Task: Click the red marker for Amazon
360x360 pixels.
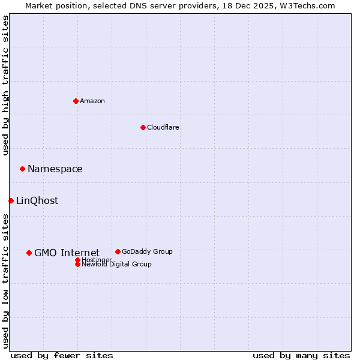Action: [x=76, y=101]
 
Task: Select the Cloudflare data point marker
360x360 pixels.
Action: [x=143, y=127]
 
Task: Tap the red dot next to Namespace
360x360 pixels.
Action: [x=22, y=169]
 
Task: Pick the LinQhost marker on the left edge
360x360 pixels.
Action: [x=11, y=200]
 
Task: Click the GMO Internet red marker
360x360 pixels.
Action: [x=29, y=253]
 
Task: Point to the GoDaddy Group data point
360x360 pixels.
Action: [x=118, y=251]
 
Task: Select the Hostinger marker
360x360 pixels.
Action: [x=77, y=260]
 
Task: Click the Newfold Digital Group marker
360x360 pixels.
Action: [x=77, y=265]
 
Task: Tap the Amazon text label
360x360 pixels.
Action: [x=92, y=101]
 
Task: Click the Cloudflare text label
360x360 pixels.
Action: [x=163, y=127]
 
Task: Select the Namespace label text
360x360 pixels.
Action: [x=55, y=169]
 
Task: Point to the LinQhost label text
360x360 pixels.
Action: [x=37, y=200]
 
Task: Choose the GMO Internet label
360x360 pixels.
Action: [x=67, y=253]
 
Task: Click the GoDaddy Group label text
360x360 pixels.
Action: [x=147, y=251]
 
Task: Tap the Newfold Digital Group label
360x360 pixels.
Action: [x=117, y=265]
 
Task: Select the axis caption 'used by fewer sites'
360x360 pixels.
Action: [x=62, y=355]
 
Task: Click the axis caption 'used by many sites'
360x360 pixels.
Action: [x=301, y=355]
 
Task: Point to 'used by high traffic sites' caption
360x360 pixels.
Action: [x=5, y=86]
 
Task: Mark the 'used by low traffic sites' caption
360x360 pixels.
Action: [x=5, y=281]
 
